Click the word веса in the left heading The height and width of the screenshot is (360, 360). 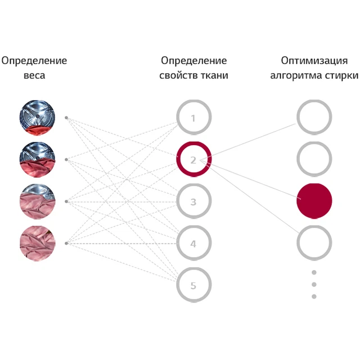click(x=34, y=75)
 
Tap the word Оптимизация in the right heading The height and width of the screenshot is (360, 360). click(x=314, y=61)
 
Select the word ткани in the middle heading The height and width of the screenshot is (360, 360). click(x=214, y=75)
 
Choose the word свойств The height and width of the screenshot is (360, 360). click(x=178, y=75)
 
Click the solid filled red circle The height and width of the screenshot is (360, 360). click(x=314, y=201)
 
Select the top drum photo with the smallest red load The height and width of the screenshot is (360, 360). click(x=37, y=118)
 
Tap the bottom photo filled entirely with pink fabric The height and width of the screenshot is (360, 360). click(x=38, y=244)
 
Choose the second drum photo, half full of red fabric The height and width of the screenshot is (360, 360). click(x=37, y=160)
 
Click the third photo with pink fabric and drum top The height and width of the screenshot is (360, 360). click(x=38, y=201)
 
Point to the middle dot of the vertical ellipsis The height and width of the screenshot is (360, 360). click(x=314, y=285)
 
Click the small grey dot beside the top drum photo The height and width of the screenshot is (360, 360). click(x=66, y=118)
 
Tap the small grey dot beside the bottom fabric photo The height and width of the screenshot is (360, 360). click(x=66, y=244)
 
